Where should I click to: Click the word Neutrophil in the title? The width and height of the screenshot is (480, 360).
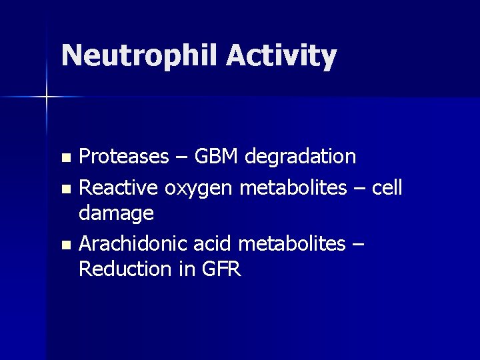tap(139, 57)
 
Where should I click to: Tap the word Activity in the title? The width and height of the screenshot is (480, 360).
tap(281, 57)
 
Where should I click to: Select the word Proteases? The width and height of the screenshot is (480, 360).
tap(123, 157)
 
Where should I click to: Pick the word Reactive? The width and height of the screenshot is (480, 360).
tap(117, 188)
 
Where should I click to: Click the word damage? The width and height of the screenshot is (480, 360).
tap(117, 214)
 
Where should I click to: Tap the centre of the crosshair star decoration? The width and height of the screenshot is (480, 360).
tap(47, 98)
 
